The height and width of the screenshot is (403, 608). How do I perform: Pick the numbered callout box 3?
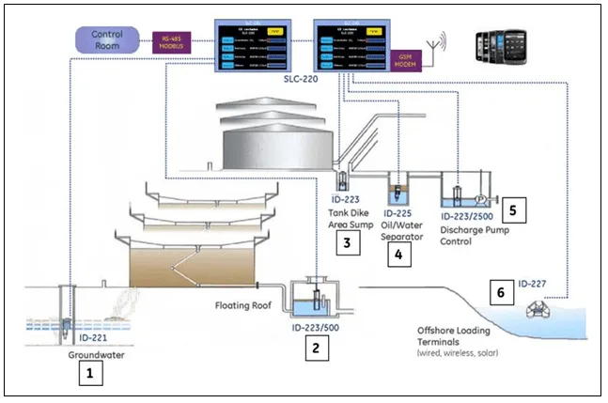click(x=349, y=245)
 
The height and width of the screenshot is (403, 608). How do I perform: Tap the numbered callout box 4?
click(x=398, y=253)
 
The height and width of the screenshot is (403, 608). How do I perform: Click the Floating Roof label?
click(x=243, y=305)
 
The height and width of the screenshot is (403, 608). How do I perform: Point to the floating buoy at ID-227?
click(x=541, y=307)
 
